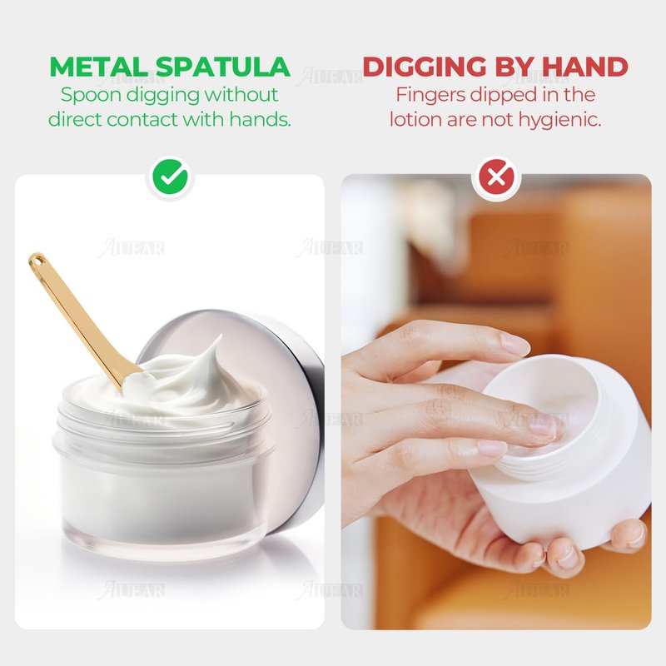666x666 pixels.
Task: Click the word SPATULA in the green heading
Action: (x=222, y=67)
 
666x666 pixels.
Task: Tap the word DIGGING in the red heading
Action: (x=425, y=67)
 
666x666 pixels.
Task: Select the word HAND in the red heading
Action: (x=584, y=67)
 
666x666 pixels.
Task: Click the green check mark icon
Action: (x=170, y=177)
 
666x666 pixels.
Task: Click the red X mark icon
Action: (x=496, y=177)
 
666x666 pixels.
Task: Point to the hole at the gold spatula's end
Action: (x=37, y=259)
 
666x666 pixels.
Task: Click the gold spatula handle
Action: (x=77, y=315)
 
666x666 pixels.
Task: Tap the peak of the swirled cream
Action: (x=219, y=338)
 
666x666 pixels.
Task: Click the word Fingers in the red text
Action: (x=430, y=95)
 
